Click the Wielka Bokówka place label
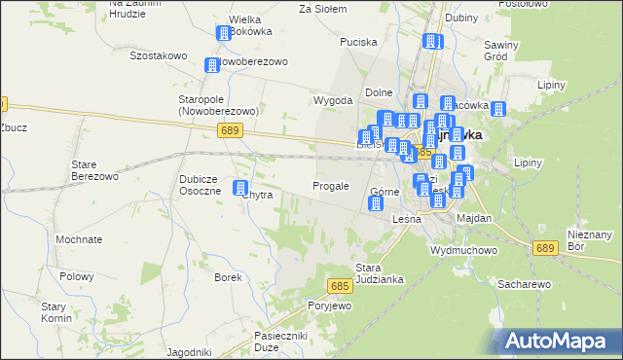250,26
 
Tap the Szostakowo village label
158,55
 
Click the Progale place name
330,185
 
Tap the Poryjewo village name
329,306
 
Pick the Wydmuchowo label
464,249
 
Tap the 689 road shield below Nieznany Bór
545,249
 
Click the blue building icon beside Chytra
241,190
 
